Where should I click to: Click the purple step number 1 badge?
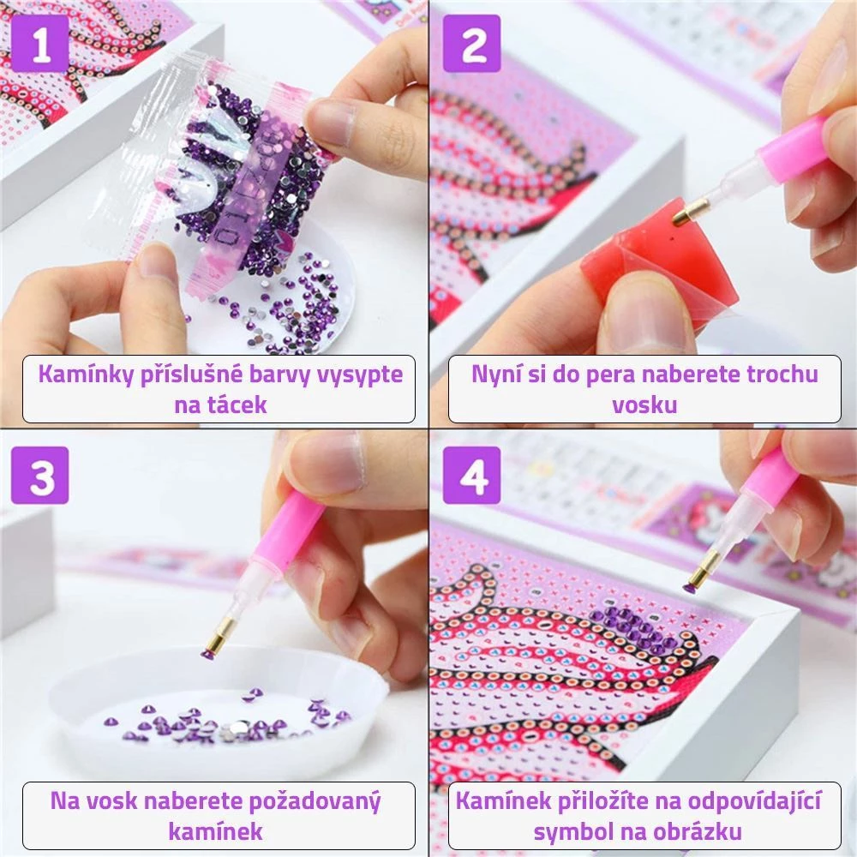click(x=40, y=43)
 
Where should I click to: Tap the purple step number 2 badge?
click(x=471, y=43)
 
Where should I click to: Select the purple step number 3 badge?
click(x=40, y=475)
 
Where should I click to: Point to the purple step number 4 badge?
click(x=471, y=475)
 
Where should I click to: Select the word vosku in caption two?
click(x=644, y=405)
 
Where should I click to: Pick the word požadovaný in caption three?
click(x=315, y=802)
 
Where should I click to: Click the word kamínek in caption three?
click(x=215, y=832)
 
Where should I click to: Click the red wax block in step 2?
click(x=662, y=250)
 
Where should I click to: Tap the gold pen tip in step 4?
click(x=696, y=570)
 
